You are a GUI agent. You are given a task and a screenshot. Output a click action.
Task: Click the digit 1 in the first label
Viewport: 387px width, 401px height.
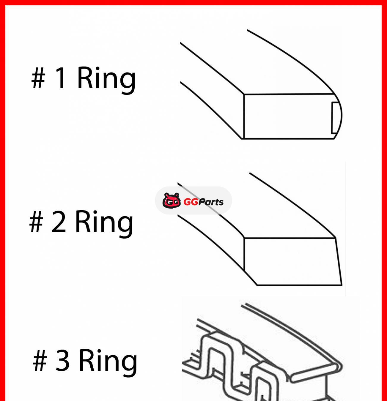(x=61, y=78)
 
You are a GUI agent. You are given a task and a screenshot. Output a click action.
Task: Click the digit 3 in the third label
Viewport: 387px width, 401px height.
(x=62, y=360)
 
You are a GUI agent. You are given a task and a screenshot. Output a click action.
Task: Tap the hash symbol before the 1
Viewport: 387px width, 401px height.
(x=38, y=78)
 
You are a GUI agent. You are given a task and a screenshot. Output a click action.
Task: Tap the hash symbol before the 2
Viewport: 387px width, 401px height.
(x=36, y=222)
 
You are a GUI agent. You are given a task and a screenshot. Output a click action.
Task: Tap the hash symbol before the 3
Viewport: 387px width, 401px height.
(x=40, y=360)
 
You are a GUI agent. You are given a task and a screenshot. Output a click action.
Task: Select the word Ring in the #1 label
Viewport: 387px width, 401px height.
(x=106, y=78)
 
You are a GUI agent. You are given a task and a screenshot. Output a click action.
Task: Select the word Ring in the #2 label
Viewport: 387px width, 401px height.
(x=104, y=222)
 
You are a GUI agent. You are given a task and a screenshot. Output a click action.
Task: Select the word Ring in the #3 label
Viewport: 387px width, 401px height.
(x=108, y=361)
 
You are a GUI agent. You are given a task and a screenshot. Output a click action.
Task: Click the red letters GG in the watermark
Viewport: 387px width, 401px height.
(x=191, y=202)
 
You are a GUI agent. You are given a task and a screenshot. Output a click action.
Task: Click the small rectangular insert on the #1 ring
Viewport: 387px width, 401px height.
(x=335, y=118)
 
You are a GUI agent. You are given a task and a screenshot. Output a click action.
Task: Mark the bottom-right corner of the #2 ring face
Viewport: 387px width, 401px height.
(x=342, y=285)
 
